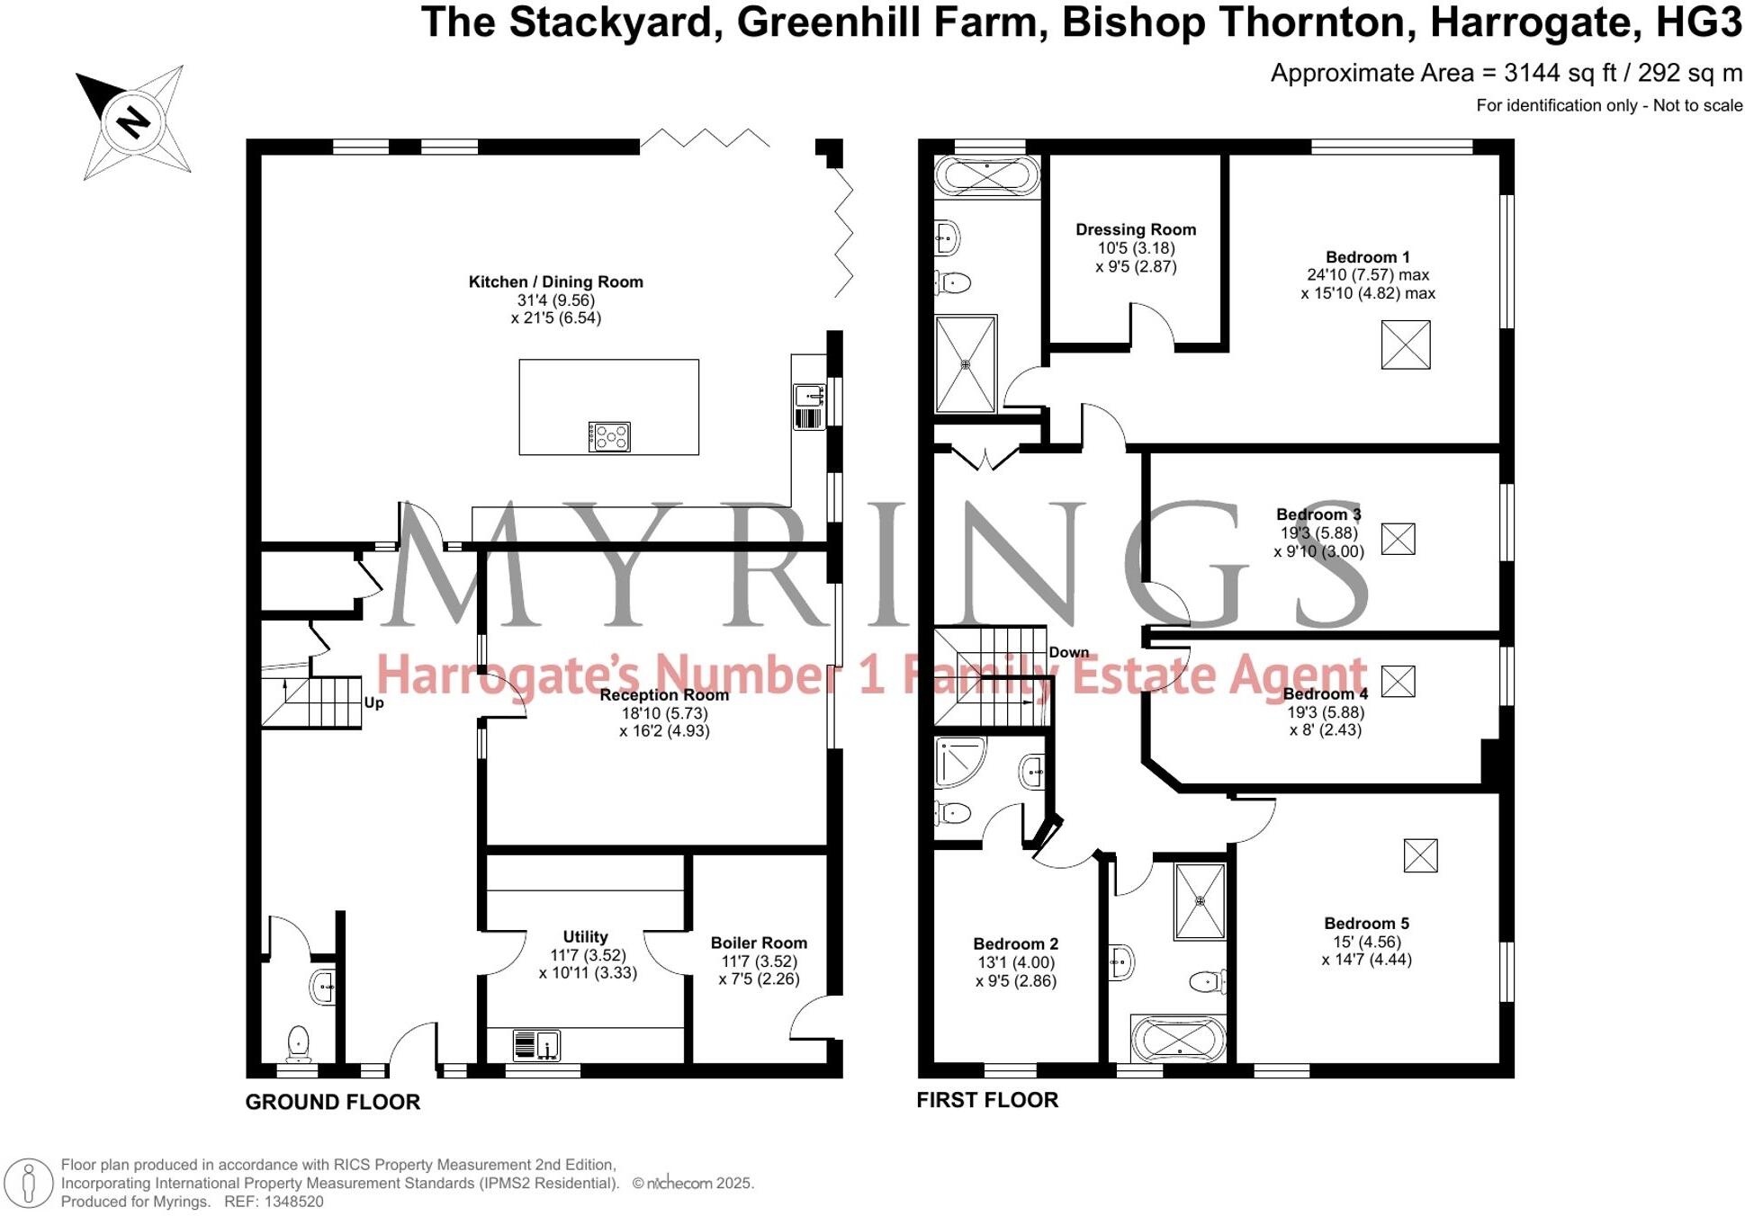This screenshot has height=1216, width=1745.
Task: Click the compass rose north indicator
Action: (x=134, y=121)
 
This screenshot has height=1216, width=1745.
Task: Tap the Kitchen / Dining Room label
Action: (x=555, y=282)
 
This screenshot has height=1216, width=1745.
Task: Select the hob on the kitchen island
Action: (x=610, y=437)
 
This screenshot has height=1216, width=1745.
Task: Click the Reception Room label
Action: (x=663, y=695)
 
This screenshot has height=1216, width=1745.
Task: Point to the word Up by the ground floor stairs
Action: (x=373, y=703)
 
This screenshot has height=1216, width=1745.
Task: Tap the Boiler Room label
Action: (x=759, y=943)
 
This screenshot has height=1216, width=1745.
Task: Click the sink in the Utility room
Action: (x=537, y=1046)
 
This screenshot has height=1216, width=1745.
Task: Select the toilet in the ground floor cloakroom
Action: (x=298, y=1044)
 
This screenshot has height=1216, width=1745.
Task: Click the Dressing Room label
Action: (x=1136, y=230)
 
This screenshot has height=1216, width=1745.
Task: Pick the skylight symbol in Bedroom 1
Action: (x=1405, y=345)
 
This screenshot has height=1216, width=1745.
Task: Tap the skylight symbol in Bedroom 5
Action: (x=1420, y=855)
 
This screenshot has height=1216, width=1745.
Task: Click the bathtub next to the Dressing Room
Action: (x=986, y=176)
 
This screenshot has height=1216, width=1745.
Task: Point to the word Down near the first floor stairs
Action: (x=1068, y=653)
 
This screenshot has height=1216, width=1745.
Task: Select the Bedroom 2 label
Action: (x=1015, y=944)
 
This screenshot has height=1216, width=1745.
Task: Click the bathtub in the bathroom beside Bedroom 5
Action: (x=1178, y=1041)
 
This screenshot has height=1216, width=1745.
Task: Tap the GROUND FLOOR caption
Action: (x=333, y=1103)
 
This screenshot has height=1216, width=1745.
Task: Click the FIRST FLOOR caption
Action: (x=987, y=1100)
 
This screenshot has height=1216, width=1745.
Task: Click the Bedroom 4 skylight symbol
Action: (x=1398, y=682)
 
